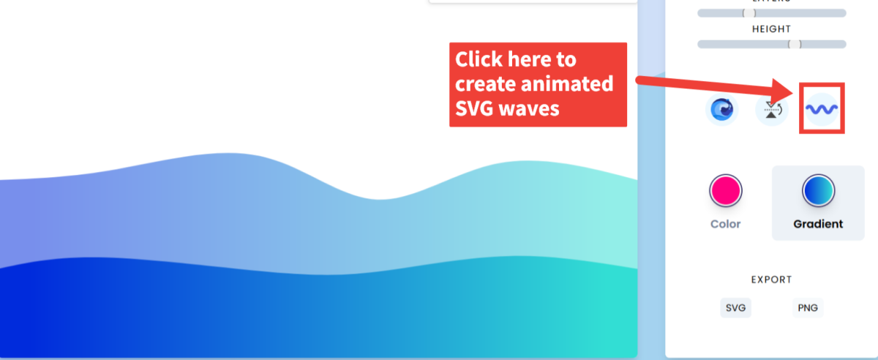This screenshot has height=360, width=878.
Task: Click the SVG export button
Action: (735, 308)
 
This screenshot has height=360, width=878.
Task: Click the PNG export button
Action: (807, 308)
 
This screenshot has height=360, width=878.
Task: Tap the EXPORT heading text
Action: (771, 280)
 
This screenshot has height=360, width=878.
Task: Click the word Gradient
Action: (818, 224)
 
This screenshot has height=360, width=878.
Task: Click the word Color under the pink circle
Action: (726, 224)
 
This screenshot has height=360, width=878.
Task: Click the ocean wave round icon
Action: (721, 110)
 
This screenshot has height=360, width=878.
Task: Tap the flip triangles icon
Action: (771, 110)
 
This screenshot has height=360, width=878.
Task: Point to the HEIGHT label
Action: (771, 29)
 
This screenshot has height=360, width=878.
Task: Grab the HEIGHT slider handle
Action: (795, 44)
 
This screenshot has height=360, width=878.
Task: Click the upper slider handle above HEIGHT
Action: (748, 12)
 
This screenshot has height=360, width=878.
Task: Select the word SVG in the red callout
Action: (476, 108)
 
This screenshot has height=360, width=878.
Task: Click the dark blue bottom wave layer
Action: (293, 315)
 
